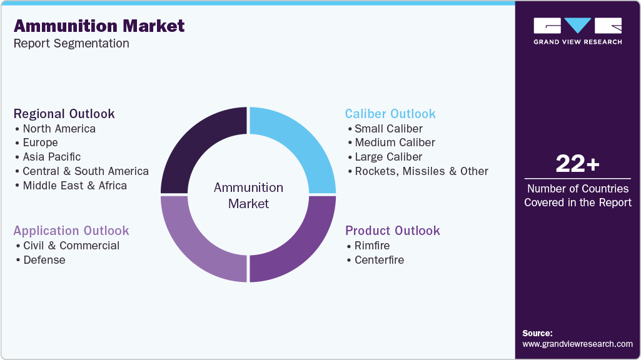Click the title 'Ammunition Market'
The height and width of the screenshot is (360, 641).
[99, 26]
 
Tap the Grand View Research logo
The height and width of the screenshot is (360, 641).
[577, 31]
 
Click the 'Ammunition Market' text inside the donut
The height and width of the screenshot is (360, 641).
[248, 196]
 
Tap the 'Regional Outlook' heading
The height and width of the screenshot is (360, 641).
[64, 114]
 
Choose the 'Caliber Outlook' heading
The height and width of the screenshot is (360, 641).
[390, 114]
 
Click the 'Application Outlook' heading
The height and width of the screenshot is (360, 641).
[71, 231]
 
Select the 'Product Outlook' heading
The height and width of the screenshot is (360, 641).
[393, 231]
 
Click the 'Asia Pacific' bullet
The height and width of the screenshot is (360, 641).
[51, 157]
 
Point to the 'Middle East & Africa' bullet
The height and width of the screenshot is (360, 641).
[74, 186]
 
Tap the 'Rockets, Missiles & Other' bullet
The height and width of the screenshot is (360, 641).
[421, 171]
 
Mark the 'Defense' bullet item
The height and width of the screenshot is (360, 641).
[44, 260]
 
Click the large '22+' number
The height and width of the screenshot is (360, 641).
[577, 164]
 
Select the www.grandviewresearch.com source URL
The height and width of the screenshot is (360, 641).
[577, 344]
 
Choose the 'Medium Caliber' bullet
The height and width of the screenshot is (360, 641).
[395, 142]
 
